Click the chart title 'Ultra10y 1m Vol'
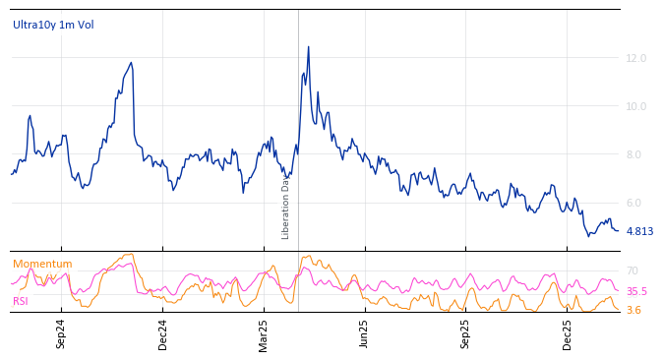pyautogui.click(x=53, y=25)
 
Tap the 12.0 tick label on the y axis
pyautogui.click(x=636, y=59)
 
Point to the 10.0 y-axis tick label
pyautogui.click(x=636, y=107)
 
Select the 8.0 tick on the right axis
pyautogui.click(x=636, y=155)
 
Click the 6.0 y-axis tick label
pyautogui.click(x=636, y=204)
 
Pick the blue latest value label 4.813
pyautogui.click(x=639, y=232)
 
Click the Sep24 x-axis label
pyautogui.click(x=61, y=333)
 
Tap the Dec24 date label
pyautogui.click(x=163, y=333)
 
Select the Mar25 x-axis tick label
pyautogui.click(x=264, y=333)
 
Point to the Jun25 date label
pyautogui.click(x=365, y=333)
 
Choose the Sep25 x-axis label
pyautogui.click(x=465, y=333)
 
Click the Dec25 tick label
pyautogui.click(x=568, y=333)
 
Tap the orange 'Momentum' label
pyautogui.click(x=42, y=265)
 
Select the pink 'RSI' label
pyautogui.click(x=21, y=301)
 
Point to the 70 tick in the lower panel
pyautogui.click(x=633, y=271)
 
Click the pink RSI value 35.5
pyautogui.click(x=636, y=292)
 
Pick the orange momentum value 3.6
pyautogui.click(x=633, y=311)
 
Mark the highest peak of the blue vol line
pyautogui.click(x=308, y=46)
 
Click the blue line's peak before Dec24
pyautogui.click(x=131, y=63)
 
